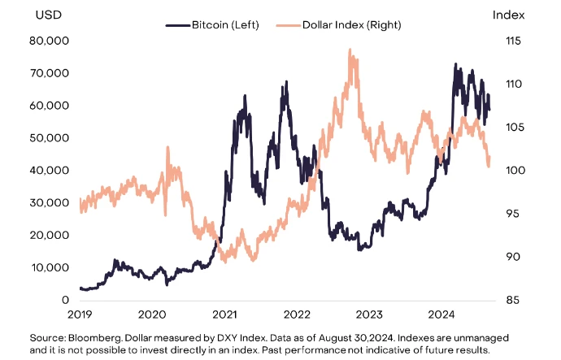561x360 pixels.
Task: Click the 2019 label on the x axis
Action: (80, 314)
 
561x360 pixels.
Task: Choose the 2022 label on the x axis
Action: (297, 314)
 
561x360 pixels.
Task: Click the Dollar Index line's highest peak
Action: (350, 49)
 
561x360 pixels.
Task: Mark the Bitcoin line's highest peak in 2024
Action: (454, 63)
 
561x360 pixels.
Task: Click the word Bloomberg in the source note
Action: (92, 336)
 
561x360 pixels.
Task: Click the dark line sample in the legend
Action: (176, 25)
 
